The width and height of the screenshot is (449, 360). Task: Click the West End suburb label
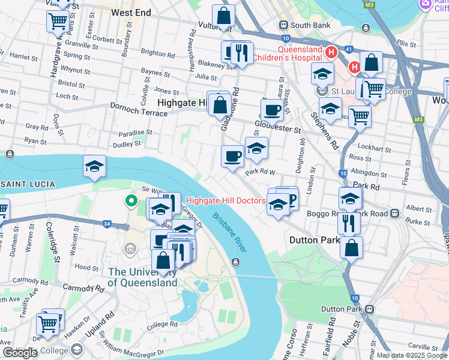pos(131,12)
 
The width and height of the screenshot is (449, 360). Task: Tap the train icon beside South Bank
pos(283,25)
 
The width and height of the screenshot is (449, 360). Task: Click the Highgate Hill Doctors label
pos(226,200)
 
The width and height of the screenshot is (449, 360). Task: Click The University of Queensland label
pos(143,277)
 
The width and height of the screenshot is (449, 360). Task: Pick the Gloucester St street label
pos(277,127)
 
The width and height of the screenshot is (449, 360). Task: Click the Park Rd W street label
pos(259,172)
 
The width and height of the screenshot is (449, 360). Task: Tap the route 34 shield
pos(107,224)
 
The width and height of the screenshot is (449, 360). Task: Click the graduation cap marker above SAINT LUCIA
pos(95,166)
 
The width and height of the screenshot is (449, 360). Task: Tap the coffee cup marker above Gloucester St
pos(272,110)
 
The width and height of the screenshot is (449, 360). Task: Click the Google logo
pos(20,353)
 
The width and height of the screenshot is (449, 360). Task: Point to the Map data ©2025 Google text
pos(412,355)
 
